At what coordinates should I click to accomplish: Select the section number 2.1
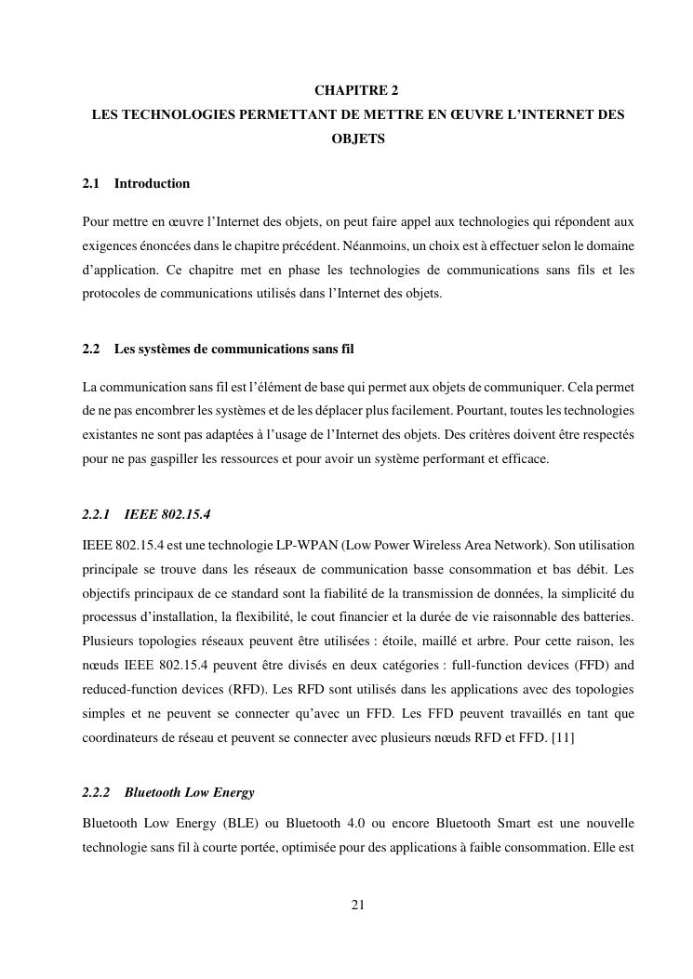tap(91, 183)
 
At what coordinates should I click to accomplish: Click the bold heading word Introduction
tap(152, 183)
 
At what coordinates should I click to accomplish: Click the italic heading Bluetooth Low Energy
tap(190, 792)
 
